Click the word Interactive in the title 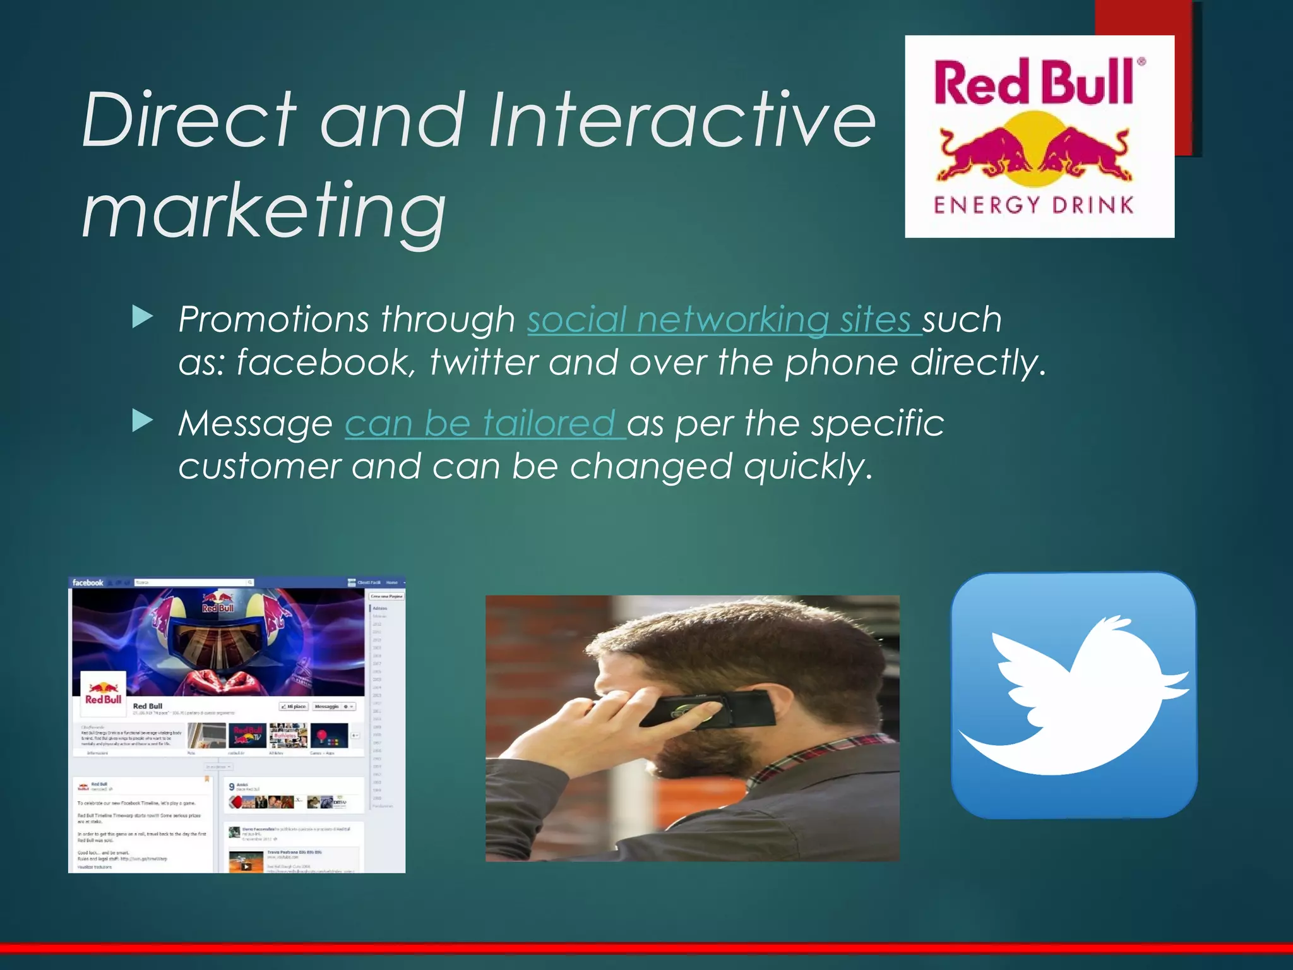(682, 120)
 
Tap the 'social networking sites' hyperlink (724, 320)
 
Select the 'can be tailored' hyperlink (484, 423)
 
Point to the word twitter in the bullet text (483, 363)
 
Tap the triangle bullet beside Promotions (143, 318)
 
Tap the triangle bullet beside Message (143, 421)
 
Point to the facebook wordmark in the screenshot (88, 582)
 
